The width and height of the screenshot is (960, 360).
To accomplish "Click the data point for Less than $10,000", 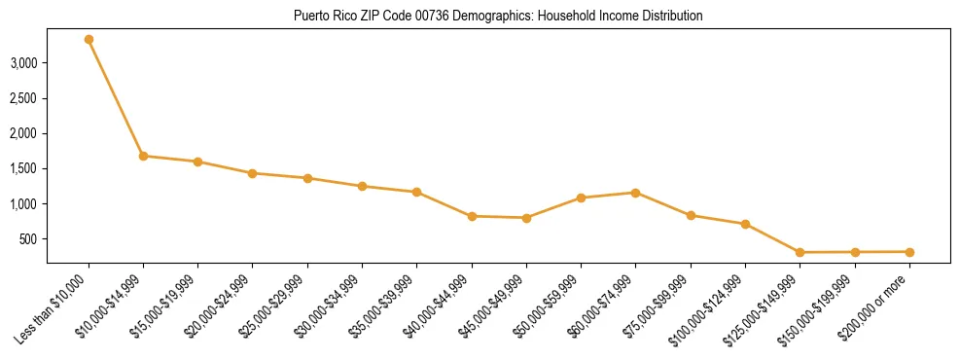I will pyautogui.click(x=89, y=40).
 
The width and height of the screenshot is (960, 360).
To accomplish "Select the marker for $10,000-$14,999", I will pyautogui.click(x=143, y=156).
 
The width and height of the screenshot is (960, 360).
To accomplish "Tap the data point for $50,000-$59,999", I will pyautogui.click(x=581, y=198).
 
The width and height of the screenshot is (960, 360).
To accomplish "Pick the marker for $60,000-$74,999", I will pyautogui.click(x=635, y=193).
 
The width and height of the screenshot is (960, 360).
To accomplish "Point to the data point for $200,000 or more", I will pyautogui.click(x=909, y=252).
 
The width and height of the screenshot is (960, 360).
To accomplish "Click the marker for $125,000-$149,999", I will pyautogui.click(x=800, y=253).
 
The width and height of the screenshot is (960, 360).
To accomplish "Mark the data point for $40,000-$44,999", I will pyautogui.click(x=472, y=216).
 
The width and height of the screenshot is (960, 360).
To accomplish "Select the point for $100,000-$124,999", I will pyautogui.click(x=745, y=224).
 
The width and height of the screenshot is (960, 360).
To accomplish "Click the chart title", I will pyautogui.click(x=497, y=17).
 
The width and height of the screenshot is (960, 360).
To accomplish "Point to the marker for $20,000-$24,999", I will pyautogui.click(x=253, y=173).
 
